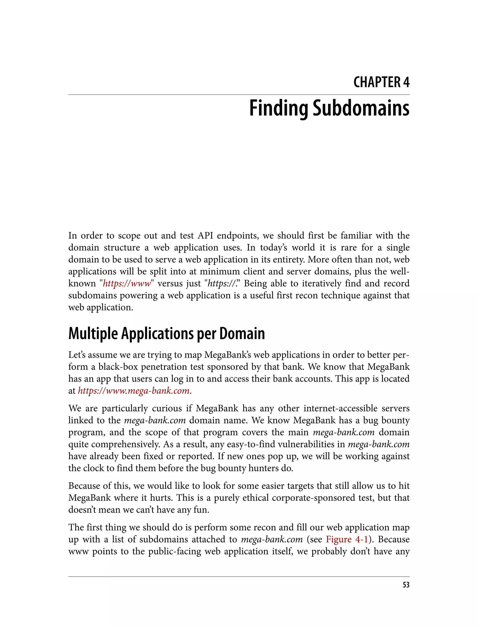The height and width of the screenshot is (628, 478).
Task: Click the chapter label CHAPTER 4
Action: tap(381, 82)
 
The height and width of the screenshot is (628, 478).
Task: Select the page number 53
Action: tap(406, 585)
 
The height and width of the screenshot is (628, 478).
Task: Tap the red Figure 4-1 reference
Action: tap(347, 539)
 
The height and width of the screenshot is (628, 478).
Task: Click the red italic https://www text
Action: tap(127, 284)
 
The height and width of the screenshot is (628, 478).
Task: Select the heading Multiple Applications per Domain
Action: tap(166, 334)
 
